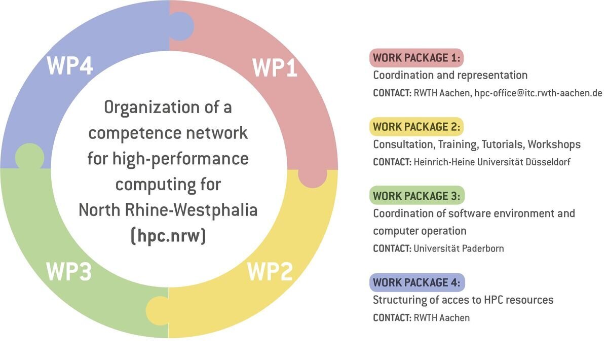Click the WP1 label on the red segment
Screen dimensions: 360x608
click(275, 67)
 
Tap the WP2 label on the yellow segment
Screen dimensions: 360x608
click(270, 272)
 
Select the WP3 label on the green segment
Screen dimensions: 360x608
click(69, 272)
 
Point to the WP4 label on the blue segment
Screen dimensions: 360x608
click(70, 66)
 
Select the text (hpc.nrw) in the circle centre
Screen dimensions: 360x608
click(168, 236)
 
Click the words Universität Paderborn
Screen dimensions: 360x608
click(459, 248)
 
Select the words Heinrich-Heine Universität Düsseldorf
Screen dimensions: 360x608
click(485, 162)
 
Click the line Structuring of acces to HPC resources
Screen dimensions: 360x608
click(463, 300)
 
